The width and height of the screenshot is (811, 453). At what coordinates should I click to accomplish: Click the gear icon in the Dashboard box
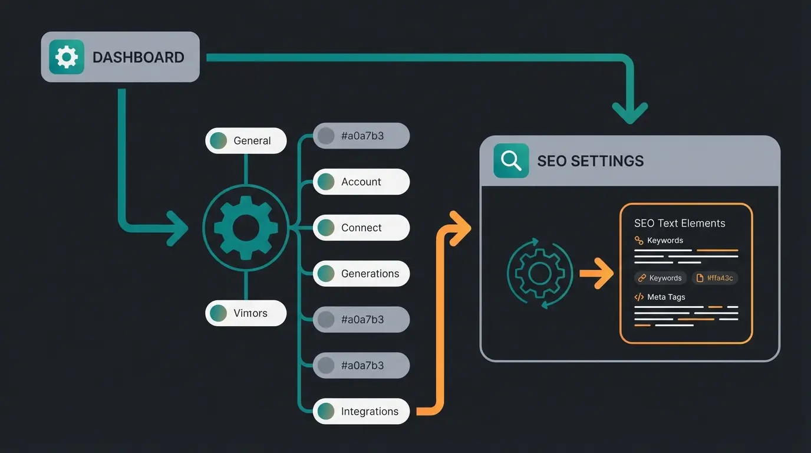66,57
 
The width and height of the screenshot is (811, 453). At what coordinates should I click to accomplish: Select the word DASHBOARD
138,57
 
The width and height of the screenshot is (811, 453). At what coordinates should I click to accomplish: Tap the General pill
246,141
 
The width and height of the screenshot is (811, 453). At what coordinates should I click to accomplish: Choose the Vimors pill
246,313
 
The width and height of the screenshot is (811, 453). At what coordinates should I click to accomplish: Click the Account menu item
361,182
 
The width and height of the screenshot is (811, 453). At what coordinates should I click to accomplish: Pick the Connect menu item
361,228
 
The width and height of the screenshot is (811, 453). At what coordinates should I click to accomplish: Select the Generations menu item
361,274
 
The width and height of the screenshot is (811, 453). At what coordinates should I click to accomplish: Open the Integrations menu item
361,412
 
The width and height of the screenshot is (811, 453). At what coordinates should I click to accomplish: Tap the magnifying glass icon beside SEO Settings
511,160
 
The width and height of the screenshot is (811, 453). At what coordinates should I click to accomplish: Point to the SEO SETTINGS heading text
590,161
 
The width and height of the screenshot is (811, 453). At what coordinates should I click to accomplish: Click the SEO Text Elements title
680,224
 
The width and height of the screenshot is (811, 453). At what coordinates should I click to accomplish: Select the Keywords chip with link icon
660,278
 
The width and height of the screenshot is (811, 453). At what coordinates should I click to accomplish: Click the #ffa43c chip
715,278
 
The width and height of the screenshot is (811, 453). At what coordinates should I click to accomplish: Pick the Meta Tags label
666,297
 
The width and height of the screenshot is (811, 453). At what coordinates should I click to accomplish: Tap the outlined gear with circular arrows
539,273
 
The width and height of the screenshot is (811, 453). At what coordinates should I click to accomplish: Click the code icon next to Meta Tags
639,297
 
